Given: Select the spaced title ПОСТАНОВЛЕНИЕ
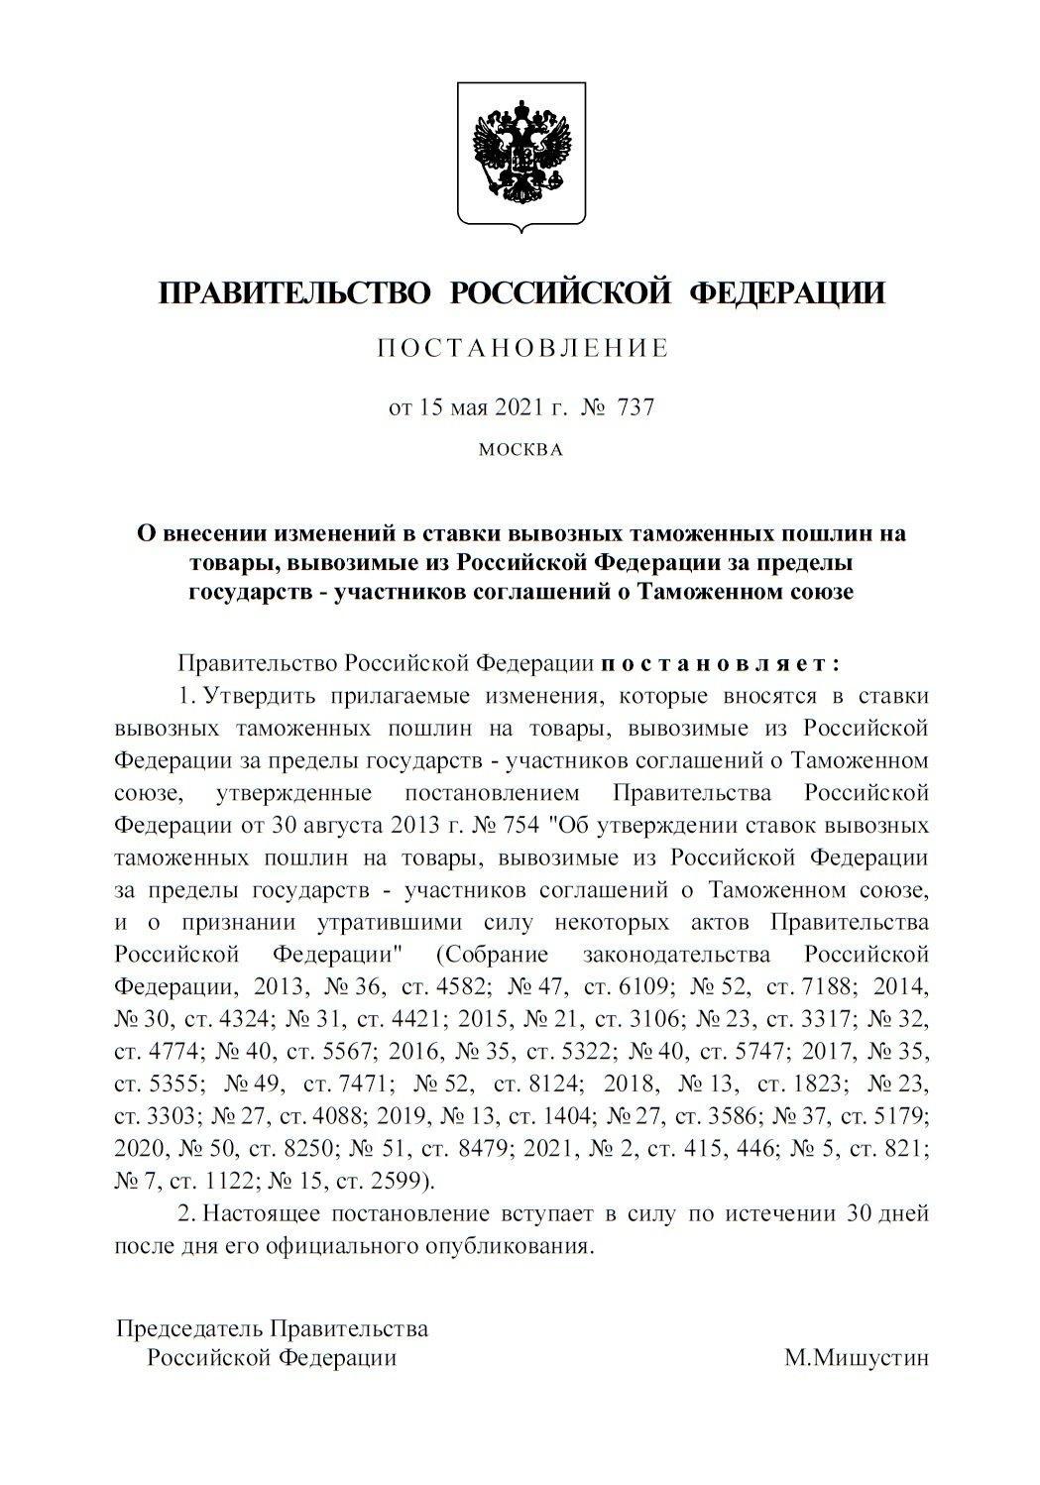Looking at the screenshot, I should pos(522,348).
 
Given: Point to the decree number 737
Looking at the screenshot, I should pos(636,407).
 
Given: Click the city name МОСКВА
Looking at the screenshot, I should pos(520,450).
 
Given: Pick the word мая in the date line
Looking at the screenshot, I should pos(475,407).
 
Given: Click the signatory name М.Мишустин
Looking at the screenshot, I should pos(857,1358).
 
